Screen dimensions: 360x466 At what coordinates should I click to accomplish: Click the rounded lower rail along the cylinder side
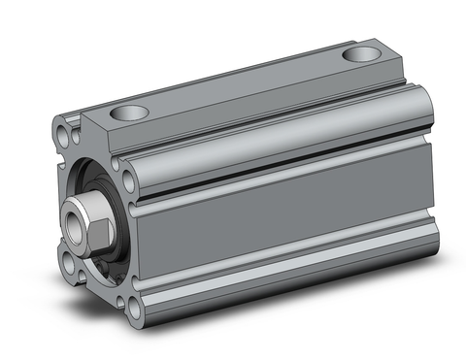[x=291, y=266]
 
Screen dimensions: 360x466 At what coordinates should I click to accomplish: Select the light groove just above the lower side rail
[x=291, y=248]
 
